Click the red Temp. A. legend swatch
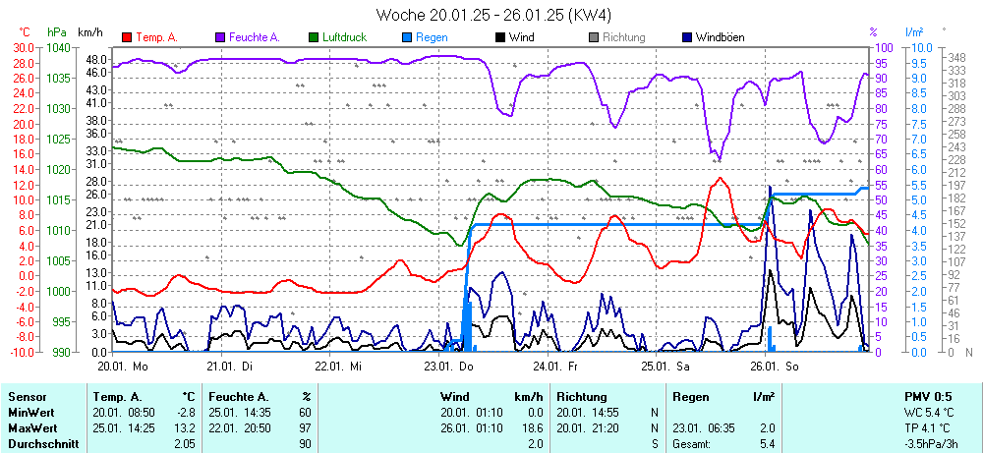click(x=127, y=37)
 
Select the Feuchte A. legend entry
click(x=254, y=37)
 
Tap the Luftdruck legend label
click(x=344, y=37)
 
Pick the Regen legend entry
click(x=432, y=37)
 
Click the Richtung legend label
click(x=623, y=37)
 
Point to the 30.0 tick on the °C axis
click(x=22, y=47)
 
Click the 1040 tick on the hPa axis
click(x=58, y=47)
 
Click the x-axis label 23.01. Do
click(x=447, y=366)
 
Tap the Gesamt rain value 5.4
click(x=766, y=444)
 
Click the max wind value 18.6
click(x=533, y=428)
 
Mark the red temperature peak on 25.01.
click(x=721, y=178)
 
